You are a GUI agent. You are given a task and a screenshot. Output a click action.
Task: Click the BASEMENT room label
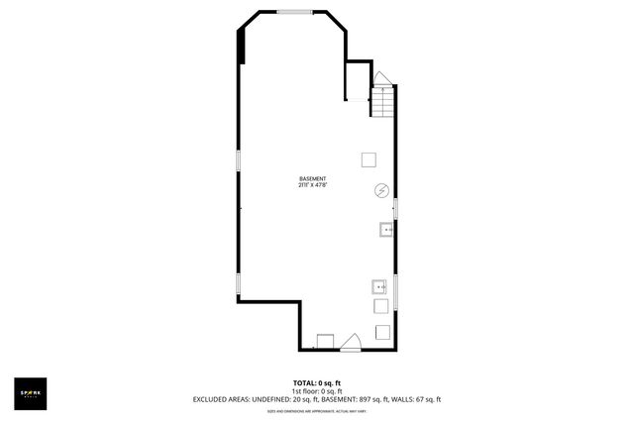(313, 179)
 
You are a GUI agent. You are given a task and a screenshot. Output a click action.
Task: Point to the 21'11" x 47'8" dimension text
(313, 185)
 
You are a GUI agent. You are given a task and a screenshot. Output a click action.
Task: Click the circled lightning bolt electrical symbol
(380, 190)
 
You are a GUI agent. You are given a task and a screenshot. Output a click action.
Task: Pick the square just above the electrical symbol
(369, 159)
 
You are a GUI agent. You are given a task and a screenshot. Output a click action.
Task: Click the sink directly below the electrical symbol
(385, 231)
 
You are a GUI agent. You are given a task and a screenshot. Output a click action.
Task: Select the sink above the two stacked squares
(379, 288)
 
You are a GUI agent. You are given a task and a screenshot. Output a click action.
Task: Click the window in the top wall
(294, 12)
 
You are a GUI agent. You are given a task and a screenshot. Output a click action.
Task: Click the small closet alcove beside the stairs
(357, 81)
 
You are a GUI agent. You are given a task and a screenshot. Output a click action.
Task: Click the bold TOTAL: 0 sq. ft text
(317, 383)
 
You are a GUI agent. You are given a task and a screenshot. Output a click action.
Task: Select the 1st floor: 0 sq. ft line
(317, 391)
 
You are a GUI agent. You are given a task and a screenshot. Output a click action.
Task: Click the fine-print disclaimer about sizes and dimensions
(317, 410)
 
